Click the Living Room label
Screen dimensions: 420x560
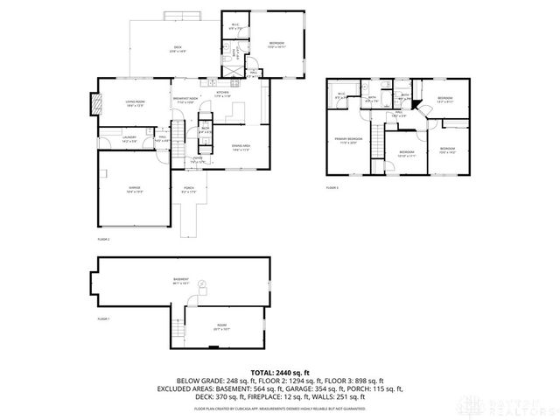click(134, 103)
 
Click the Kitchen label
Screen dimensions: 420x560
click(222, 94)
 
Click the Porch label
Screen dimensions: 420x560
click(188, 188)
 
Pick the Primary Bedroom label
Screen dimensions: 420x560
click(347, 141)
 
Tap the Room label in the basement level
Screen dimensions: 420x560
click(221, 326)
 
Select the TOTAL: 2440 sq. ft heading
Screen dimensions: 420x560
click(279, 372)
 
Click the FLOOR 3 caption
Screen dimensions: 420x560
click(332, 187)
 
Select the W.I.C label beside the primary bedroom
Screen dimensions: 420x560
click(340, 96)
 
